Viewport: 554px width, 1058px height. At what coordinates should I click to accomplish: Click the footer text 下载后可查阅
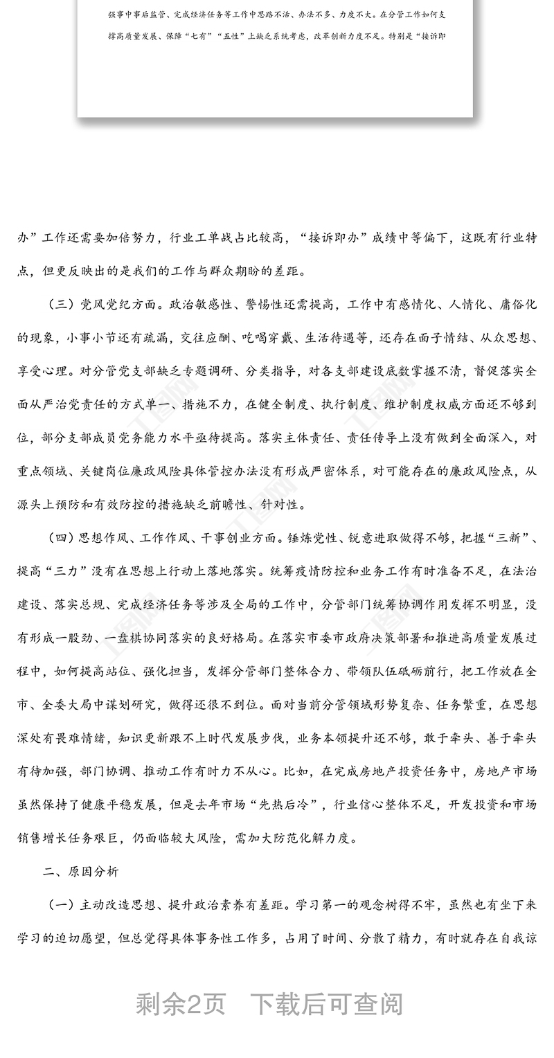326,1003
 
